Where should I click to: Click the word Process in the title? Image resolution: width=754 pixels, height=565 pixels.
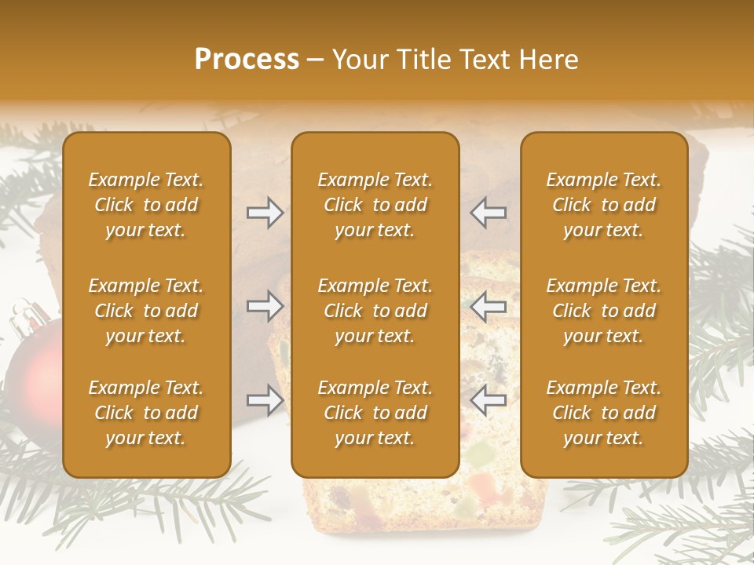pos(247,60)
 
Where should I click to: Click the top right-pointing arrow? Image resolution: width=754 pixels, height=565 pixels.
pos(265,213)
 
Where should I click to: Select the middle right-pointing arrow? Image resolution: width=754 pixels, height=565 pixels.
pos(265,306)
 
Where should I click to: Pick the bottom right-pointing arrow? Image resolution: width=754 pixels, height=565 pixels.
pos(265,400)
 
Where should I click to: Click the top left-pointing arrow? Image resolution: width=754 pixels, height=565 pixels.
pos(489,213)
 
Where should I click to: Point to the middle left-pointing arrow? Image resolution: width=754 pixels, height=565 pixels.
pos(489,306)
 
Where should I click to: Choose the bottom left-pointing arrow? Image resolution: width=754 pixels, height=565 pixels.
pos(489,400)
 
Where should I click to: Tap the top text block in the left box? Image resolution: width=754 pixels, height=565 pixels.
pos(146,205)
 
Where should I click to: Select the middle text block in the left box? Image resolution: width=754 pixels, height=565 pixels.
pos(146,311)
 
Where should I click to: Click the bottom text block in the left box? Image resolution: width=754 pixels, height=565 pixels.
pos(146,413)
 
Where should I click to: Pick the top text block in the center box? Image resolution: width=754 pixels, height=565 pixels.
pos(375,205)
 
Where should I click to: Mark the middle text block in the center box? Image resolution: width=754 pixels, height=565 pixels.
pos(375,311)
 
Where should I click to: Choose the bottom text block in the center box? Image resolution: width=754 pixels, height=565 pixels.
pos(375,413)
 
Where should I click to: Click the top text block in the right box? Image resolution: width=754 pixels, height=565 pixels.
pos(604,205)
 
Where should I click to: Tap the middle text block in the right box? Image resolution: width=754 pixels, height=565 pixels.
pos(604,311)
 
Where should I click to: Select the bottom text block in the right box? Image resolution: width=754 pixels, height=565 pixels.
pos(604,413)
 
